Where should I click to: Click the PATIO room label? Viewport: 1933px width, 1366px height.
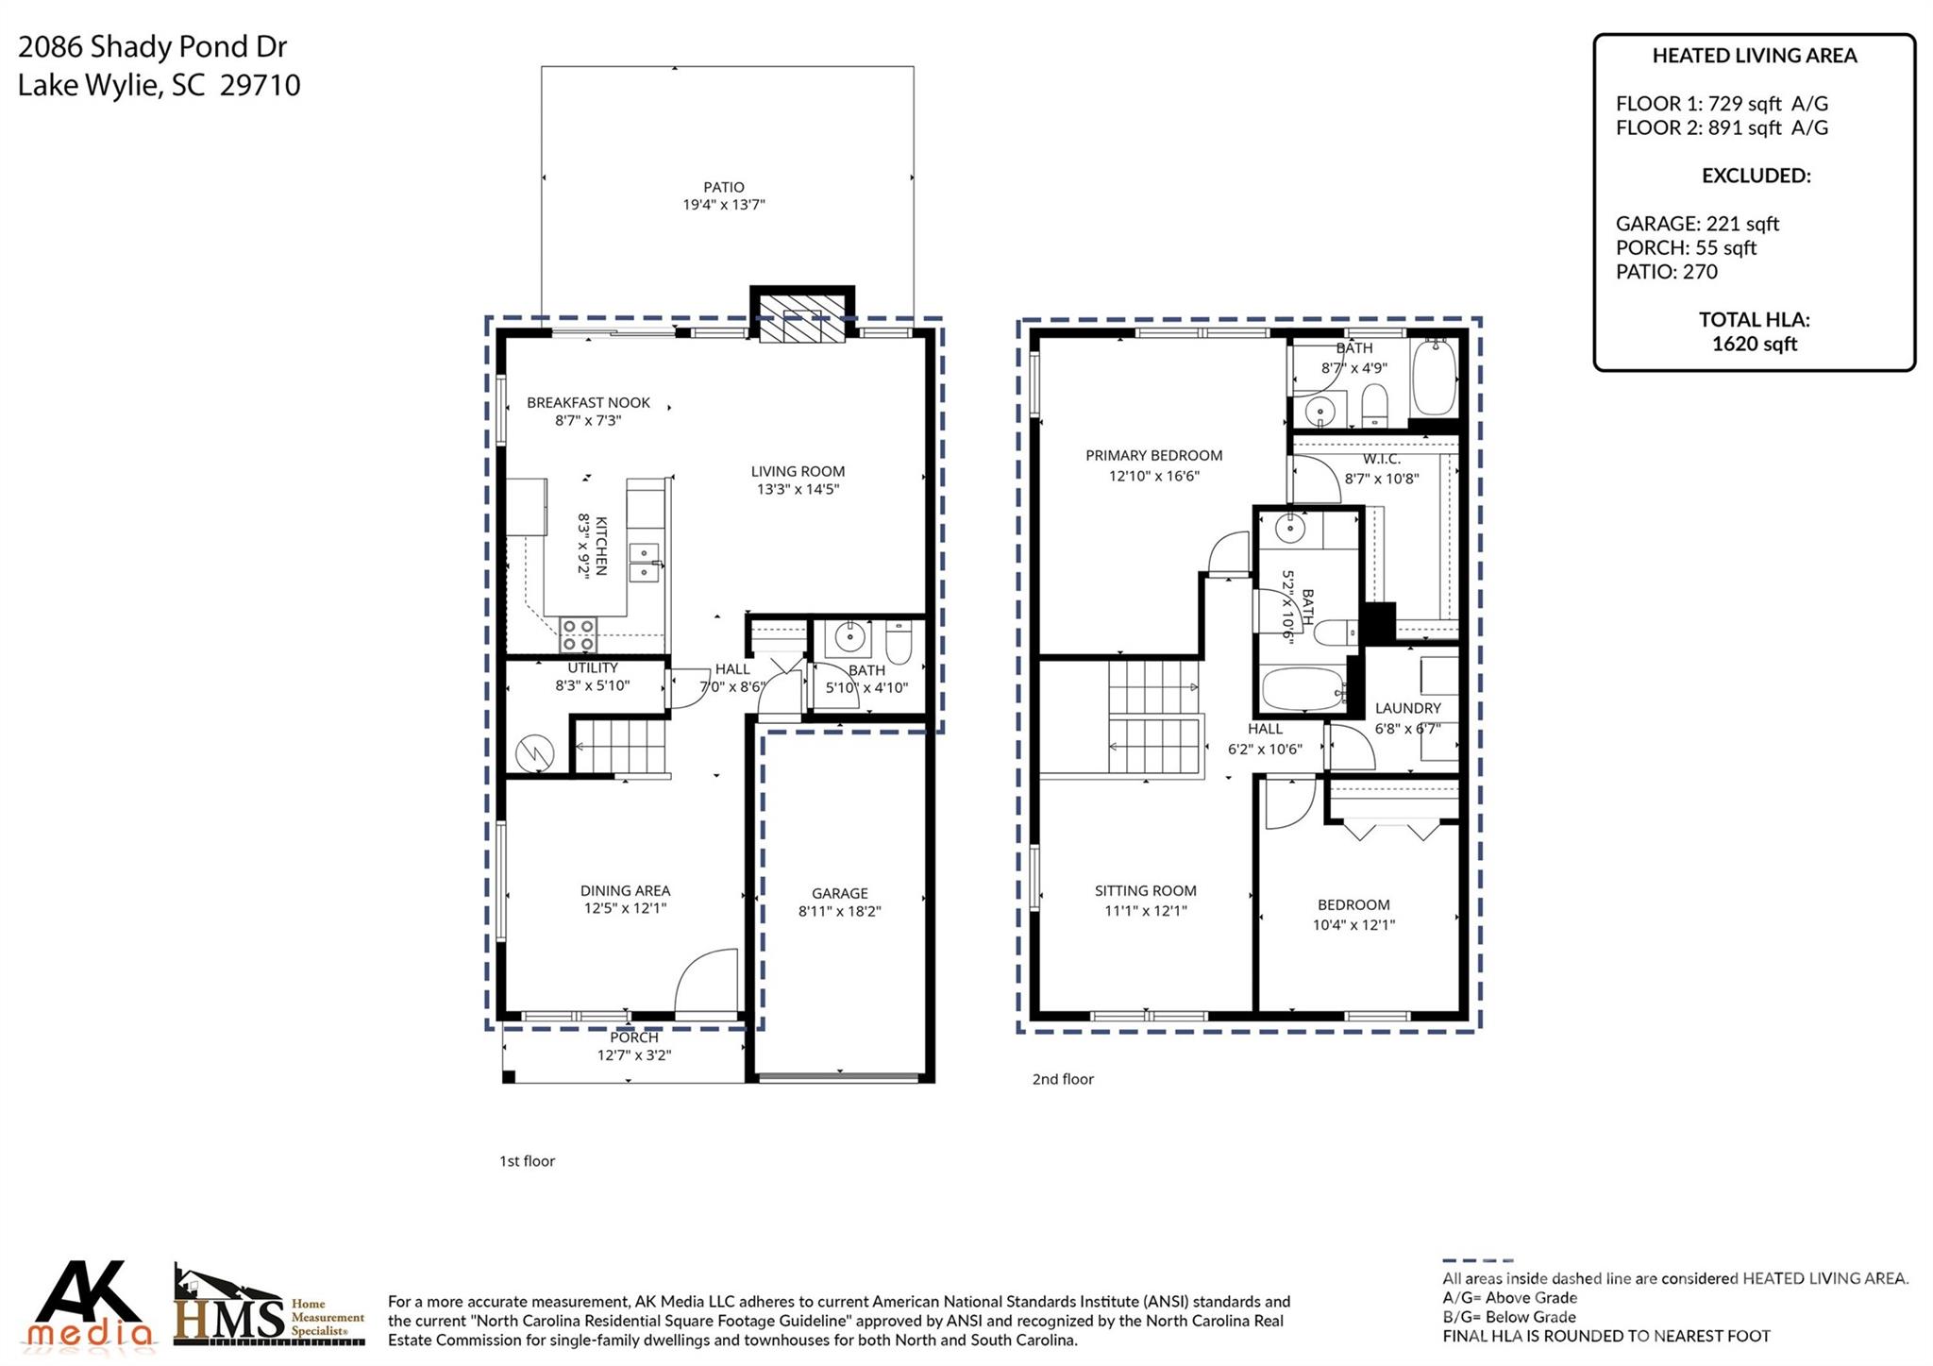(x=723, y=187)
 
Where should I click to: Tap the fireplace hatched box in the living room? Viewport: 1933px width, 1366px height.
(x=802, y=317)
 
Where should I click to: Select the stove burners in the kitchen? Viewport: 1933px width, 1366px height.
(x=578, y=634)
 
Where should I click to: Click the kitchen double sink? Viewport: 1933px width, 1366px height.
(x=644, y=563)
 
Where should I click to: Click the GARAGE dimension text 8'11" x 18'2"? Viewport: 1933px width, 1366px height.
(x=839, y=911)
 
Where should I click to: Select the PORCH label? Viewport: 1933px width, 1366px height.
(x=633, y=1037)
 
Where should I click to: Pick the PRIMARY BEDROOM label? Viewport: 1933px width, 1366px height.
(x=1153, y=455)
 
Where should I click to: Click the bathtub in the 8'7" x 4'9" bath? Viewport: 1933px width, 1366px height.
(x=1434, y=377)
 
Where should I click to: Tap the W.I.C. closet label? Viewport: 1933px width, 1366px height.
(x=1381, y=459)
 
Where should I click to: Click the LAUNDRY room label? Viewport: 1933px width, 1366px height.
(x=1407, y=708)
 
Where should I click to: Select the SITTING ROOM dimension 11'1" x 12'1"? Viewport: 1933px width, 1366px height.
(x=1145, y=911)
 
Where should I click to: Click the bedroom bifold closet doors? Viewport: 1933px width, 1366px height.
(x=1392, y=829)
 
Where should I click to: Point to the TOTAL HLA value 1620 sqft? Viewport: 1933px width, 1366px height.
(x=1754, y=344)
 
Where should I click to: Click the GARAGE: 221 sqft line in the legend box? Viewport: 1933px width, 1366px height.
(x=1696, y=224)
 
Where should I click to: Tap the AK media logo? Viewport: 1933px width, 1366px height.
(x=91, y=1305)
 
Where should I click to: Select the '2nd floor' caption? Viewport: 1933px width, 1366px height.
(x=1062, y=1079)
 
